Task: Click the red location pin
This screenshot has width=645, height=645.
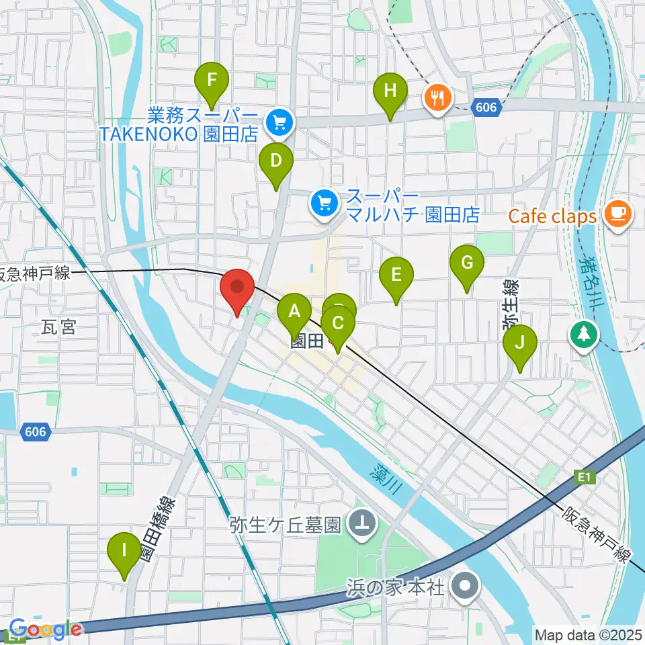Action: point(236,288)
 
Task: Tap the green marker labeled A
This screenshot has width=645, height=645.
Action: point(294,311)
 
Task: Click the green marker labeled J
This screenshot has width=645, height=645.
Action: point(519,343)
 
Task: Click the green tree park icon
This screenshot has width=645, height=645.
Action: point(583,333)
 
